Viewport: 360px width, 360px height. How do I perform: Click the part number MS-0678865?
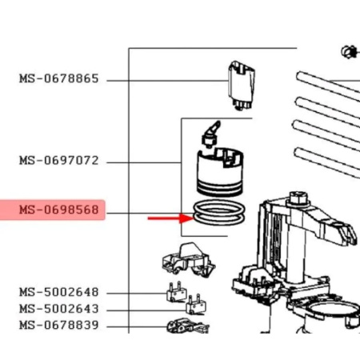tap(59, 79)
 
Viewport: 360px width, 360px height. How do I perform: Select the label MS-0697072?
tap(59, 161)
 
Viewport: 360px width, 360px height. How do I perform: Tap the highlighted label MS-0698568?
tap(59, 211)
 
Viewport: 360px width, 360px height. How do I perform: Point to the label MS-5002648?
tap(59, 293)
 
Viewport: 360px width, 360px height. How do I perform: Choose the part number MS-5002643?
tap(59, 309)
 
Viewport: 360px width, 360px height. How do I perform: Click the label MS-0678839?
tap(59, 326)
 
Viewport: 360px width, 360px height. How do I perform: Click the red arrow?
tap(168, 217)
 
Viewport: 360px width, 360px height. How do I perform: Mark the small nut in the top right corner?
tap(347, 53)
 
